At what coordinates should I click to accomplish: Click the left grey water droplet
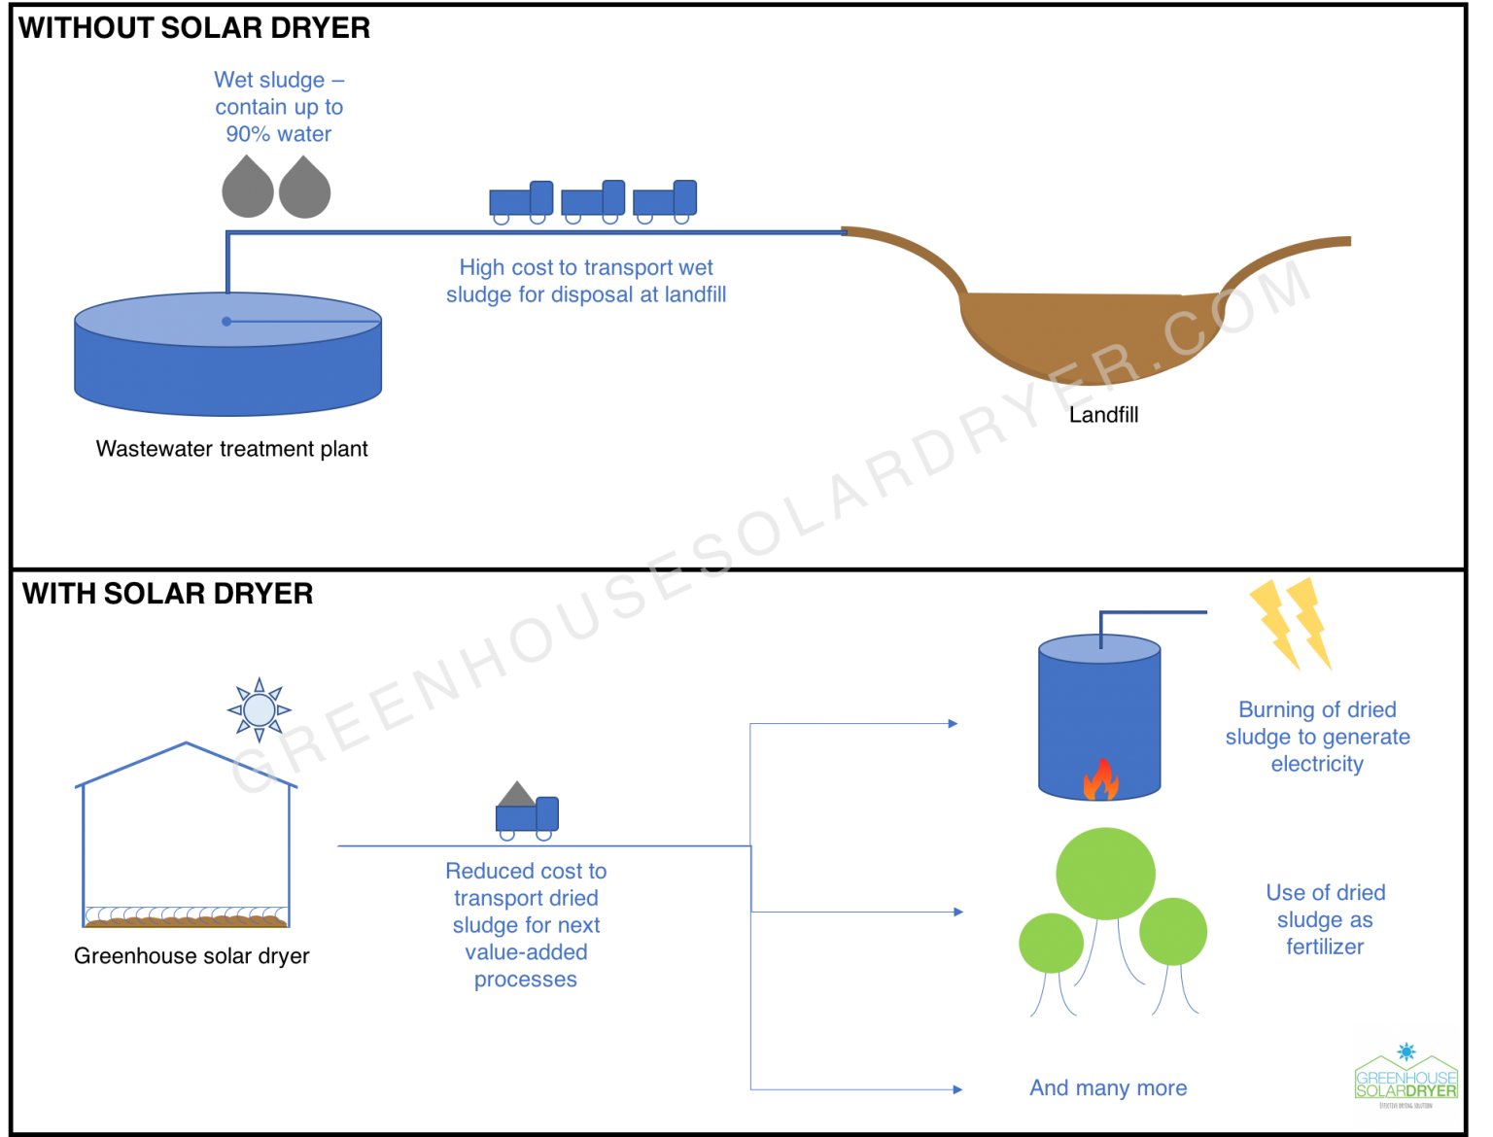point(247,188)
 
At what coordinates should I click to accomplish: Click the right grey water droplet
point(304,188)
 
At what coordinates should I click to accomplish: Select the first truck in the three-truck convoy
point(521,201)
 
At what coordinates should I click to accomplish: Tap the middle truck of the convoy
point(593,201)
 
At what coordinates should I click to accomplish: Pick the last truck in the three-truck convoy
point(665,201)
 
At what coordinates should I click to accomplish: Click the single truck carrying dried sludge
point(527,811)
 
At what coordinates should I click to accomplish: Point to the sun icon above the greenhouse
point(260,709)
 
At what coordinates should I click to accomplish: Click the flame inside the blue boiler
point(1100,779)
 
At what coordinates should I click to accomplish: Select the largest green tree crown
point(1105,874)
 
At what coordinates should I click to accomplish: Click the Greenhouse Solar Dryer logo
point(1406,1075)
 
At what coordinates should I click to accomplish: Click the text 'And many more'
point(1108,1088)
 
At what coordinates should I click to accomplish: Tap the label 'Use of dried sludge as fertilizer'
point(1325,919)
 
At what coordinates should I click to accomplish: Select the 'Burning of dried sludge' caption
point(1317,737)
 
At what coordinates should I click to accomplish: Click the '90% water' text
point(279,134)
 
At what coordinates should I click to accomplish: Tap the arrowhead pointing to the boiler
point(954,723)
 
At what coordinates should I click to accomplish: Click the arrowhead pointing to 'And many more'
point(957,1089)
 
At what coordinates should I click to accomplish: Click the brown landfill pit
point(1079,330)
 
